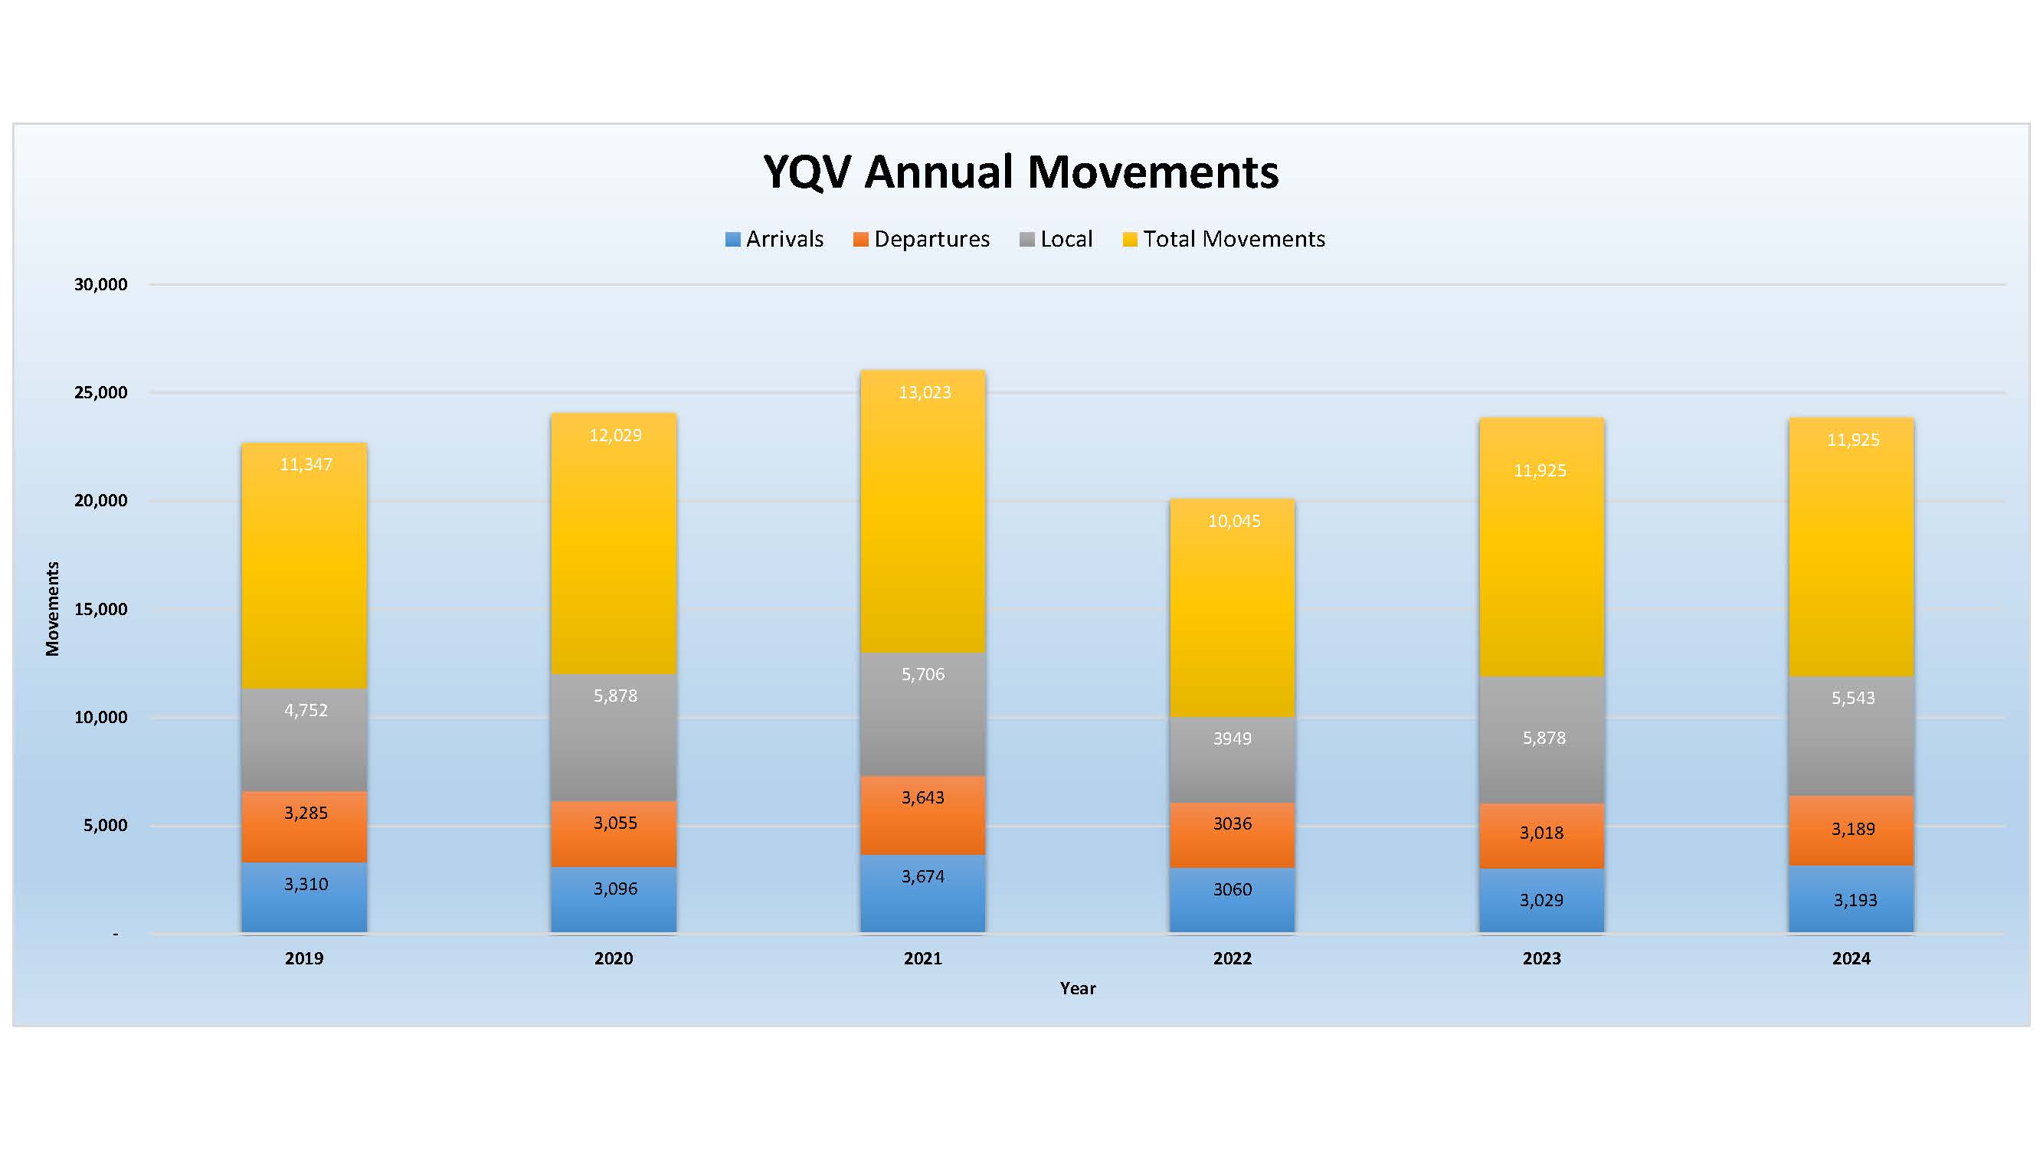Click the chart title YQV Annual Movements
(1020, 172)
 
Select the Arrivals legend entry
(775, 239)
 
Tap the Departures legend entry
(922, 239)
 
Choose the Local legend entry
(1056, 239)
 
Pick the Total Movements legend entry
(1225, 239)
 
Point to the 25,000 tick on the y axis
(100, 392)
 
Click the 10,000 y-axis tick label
(100, 718)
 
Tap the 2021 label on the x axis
(922, 959)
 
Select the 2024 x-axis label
(1851, 959)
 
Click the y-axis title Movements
(52, 609)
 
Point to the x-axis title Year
(1078, 989)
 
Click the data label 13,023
(925, 392)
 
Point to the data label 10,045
(1234, 521)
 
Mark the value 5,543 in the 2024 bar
(1853, 699)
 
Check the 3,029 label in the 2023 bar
(1542, 901)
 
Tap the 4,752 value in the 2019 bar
(306, 711)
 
